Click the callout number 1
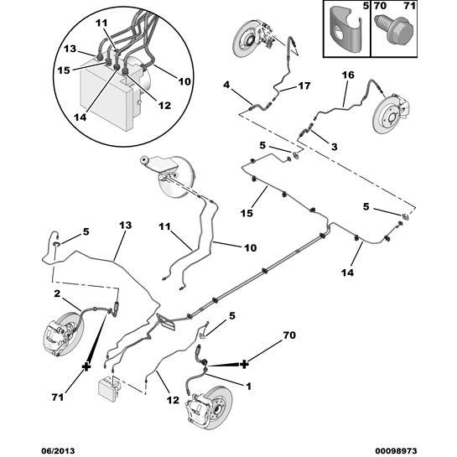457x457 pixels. point(249,385)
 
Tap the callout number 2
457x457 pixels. point(56,293)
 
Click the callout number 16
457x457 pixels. point(349,75)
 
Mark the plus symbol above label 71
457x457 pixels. point(86,366)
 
